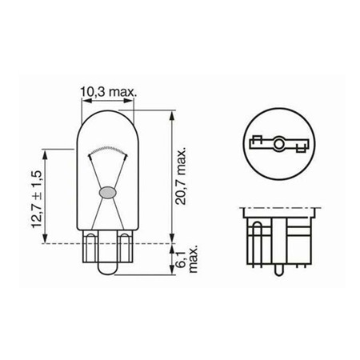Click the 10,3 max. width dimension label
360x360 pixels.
[x=108, y=92]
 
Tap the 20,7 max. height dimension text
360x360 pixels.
[x=181, y=175]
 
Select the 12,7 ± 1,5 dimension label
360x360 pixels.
[x=37, y=199]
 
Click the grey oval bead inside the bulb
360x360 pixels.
[x=107, y=192]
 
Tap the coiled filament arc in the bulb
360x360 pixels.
[x=107, y=150]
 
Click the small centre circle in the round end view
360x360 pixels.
[x=279, y=144]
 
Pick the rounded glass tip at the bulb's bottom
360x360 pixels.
[x=107, y=268]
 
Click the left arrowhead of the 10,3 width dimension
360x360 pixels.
[x=86, y=101]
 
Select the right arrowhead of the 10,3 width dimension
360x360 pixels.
[x=128, y=101]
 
